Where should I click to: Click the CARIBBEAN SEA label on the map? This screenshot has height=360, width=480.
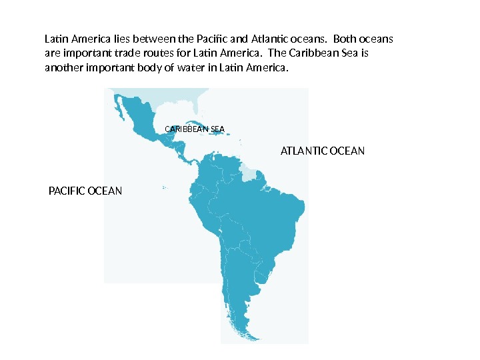(195, 128)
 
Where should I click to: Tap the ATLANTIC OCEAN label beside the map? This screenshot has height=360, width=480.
(323, 151)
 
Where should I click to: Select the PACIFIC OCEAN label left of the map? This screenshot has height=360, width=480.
(86, 191)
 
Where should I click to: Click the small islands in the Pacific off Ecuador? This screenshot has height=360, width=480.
(164, 187)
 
